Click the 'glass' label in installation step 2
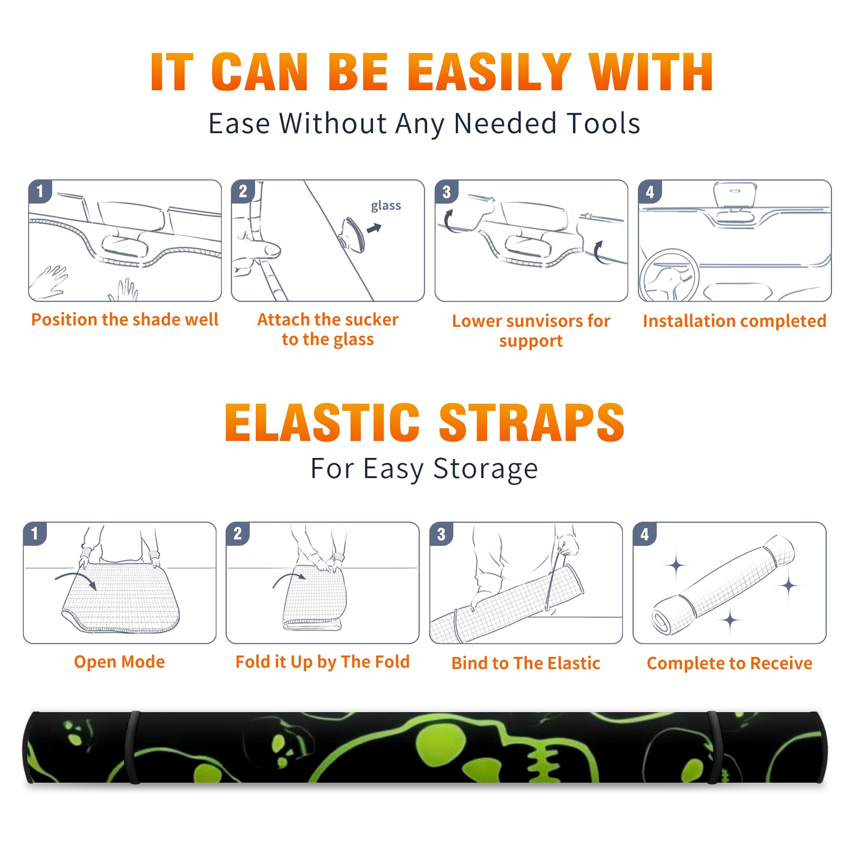(386, 206)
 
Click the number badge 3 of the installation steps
(446, 192)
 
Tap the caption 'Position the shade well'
(125, 319)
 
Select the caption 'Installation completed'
(734, 321)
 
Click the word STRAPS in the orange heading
(532, 422)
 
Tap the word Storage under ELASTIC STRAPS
(486, 469)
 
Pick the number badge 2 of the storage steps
(238, 534)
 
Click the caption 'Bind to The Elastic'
(526, 663)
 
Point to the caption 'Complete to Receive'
(730, 663)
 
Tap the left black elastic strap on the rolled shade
(132, 747)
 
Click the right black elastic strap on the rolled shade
(714, 747)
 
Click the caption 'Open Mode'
(119, 662)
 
